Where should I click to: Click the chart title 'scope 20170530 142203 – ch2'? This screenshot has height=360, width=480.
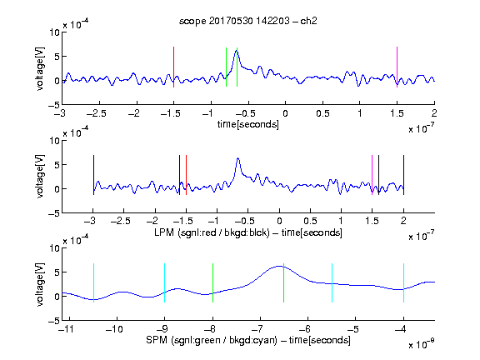tap(248, 21)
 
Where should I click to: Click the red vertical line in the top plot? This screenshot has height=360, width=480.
tap(174, 67)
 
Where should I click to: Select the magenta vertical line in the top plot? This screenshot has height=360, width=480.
tap(397, 67)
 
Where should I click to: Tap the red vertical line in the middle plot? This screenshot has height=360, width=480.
tap(186, 175)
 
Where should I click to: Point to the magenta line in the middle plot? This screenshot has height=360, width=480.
tap(372, 175)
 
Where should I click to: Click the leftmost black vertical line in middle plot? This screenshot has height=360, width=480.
tap(93, 175)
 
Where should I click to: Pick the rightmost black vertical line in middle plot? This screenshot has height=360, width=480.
tap(403, 175)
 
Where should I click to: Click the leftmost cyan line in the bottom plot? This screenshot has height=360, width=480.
tap(93, 282)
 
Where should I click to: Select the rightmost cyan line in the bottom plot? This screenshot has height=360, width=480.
tap(403, 282)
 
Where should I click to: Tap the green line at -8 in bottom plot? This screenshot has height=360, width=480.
tap(212, 282)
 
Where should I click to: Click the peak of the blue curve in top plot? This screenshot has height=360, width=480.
tap(237, 51)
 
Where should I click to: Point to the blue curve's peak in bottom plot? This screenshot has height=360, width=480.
tap(279, 266)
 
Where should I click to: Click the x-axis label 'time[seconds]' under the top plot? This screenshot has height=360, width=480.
tap(248, 124)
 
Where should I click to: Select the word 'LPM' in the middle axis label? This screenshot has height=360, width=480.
tap(164, 232)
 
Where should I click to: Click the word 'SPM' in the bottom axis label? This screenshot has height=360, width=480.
tap(157, 340)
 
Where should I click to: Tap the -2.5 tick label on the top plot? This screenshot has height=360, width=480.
tap(97, 114)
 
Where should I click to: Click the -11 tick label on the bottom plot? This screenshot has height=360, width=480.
tap(67, 329)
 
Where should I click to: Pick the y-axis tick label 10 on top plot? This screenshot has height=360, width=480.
tap(55, 32)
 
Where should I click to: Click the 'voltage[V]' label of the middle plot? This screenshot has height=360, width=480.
tap(40, 177)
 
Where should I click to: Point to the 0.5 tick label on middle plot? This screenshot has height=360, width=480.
tap(310, 221)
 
